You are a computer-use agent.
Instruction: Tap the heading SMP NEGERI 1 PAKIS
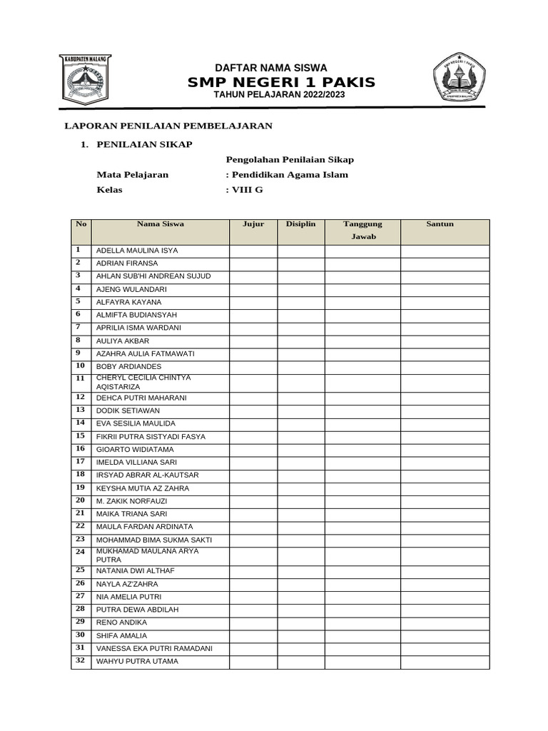[x=281, y=83]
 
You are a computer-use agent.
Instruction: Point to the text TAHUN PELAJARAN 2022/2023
[x=274, y=95]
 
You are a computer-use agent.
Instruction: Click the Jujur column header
[x=253, y=224]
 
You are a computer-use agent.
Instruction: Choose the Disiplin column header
[x=301, y=224]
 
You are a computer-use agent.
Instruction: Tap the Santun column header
[x=440, y=224]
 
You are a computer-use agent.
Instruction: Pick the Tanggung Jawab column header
[x=362, y=230]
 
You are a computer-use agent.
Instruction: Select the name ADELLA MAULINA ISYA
[x=137, y=251]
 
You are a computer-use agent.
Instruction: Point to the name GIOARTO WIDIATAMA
[x=135, y=450]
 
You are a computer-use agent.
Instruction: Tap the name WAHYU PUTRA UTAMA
[x=137, y=662]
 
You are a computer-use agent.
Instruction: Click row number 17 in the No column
[x=81, y=462]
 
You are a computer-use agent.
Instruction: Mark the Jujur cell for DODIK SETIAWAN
[x=253, y=411]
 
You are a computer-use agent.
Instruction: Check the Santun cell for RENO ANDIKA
[x=445, y=622]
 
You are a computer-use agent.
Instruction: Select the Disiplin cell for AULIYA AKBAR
[x=301, y=341]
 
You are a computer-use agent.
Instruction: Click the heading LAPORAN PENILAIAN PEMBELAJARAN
[x=168, y=126]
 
